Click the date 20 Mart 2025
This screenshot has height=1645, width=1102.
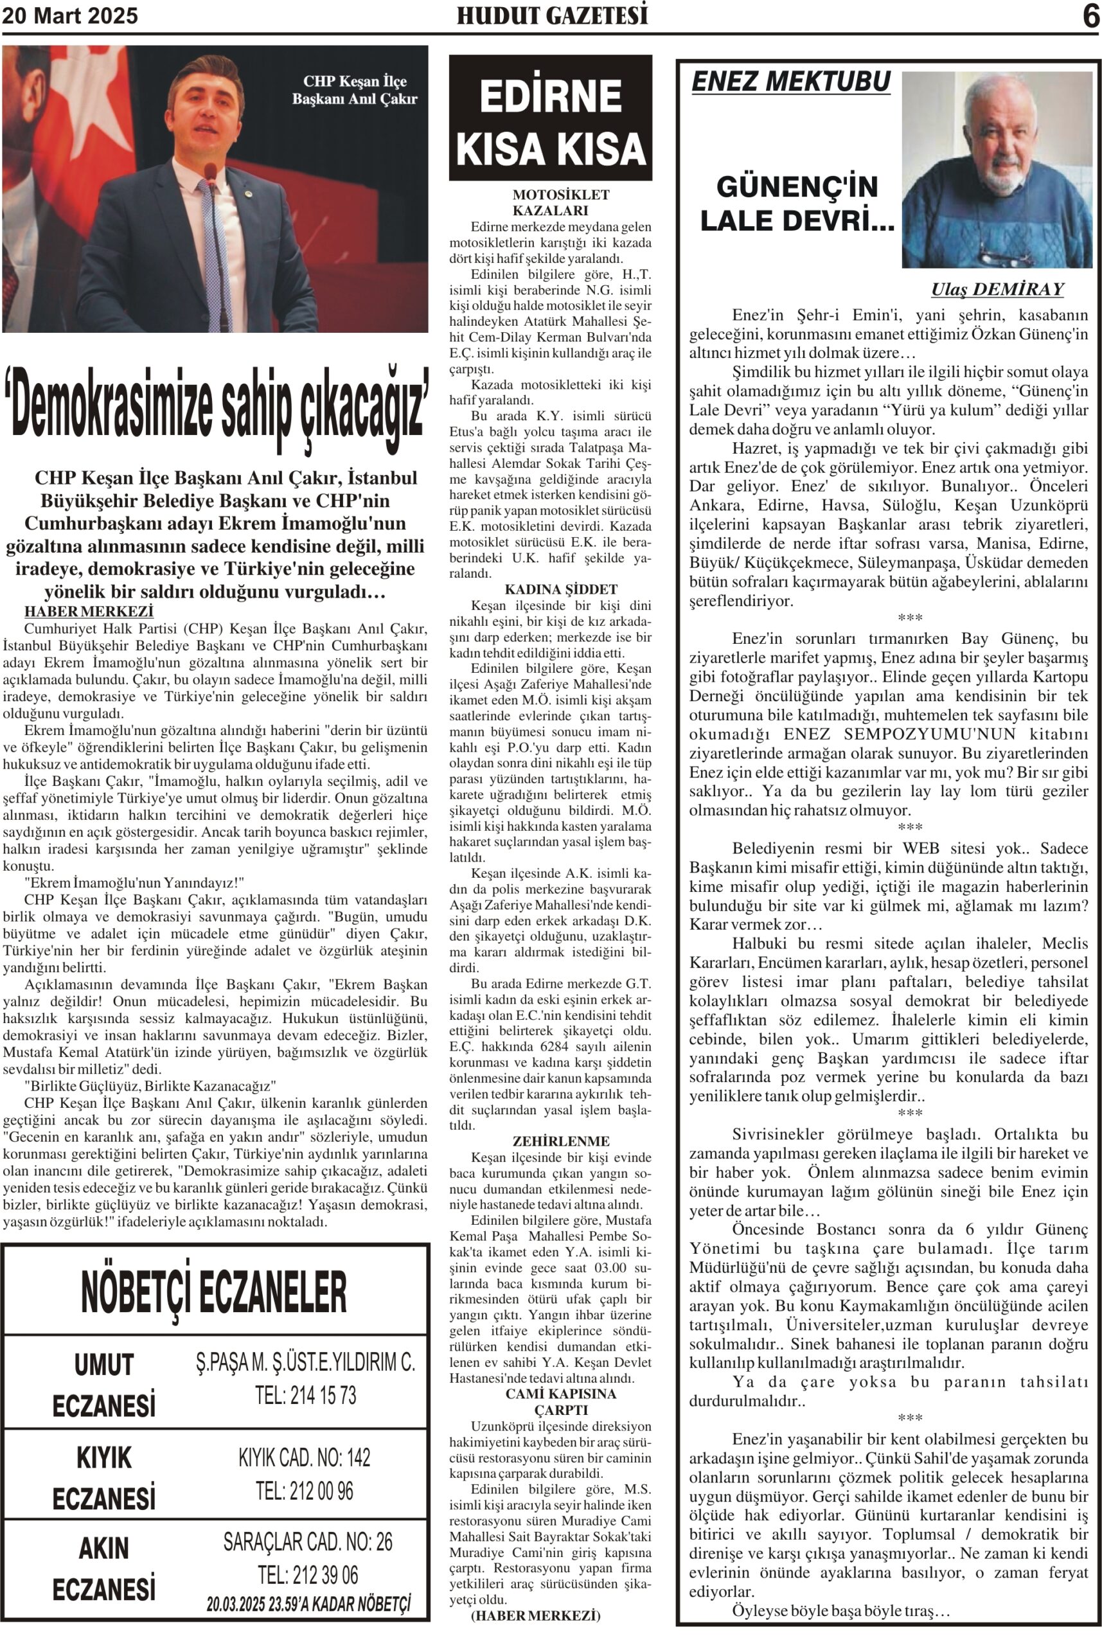pos(70,15)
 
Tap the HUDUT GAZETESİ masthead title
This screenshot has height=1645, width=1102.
pos(552,15)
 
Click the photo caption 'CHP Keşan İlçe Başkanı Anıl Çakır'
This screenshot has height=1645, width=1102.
pos(354,90)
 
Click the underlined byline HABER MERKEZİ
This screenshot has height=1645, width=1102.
pos(89,611)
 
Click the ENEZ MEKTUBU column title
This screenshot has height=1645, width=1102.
pos(790,82)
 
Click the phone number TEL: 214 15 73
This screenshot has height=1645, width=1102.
pos(306,1395)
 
